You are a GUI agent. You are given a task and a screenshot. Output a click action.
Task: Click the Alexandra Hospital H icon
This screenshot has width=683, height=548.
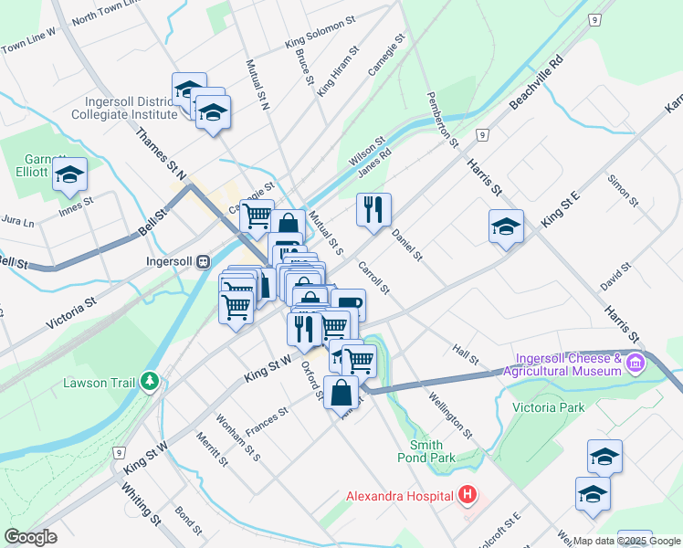coord(468,496)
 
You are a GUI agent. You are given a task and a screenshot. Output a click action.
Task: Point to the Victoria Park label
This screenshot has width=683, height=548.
coord(548,407)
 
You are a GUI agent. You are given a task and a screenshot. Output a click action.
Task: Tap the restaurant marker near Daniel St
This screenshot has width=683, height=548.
coord(373,210)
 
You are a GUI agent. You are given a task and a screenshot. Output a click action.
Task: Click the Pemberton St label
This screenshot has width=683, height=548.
coord(441,119)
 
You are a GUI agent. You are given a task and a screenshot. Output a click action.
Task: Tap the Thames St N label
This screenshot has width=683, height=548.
coord(160,153)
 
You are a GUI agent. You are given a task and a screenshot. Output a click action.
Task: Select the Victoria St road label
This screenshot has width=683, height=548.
coord(70,312)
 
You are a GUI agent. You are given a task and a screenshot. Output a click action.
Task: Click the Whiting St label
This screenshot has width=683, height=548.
coord(141,502)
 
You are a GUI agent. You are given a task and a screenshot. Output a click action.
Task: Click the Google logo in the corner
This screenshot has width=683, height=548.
coord(30,537)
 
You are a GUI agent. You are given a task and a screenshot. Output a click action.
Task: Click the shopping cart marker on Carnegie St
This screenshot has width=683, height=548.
coord(257,216)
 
